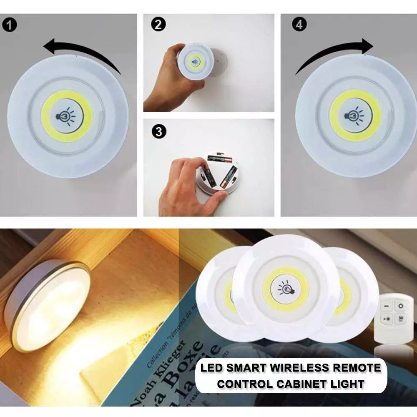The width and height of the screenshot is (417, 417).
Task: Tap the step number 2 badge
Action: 157,25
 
